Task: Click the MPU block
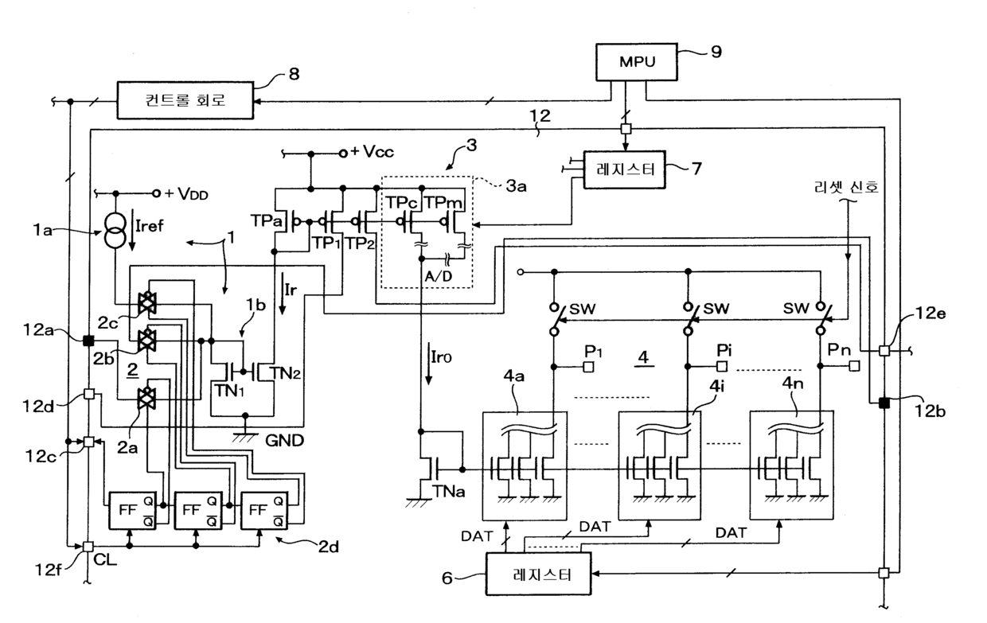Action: point(637,62)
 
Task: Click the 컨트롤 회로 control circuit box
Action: point(185,100)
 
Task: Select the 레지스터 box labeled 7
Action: point(624,169)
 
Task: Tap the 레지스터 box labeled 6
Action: point(538,574)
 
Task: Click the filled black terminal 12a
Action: point(88,341)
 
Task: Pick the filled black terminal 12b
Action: point(884,403)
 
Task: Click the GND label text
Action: point(284,441)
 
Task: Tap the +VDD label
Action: point(186,194)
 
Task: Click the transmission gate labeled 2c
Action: point(146,302)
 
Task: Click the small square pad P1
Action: point(588,367)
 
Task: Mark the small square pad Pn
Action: point(854,366)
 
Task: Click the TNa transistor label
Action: point(448,491)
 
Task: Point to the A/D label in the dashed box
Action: point(439,276)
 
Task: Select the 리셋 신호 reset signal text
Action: point(846,187)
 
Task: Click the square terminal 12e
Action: point(884,351)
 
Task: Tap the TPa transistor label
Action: point(266,220)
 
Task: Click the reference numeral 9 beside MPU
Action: point(716,52)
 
